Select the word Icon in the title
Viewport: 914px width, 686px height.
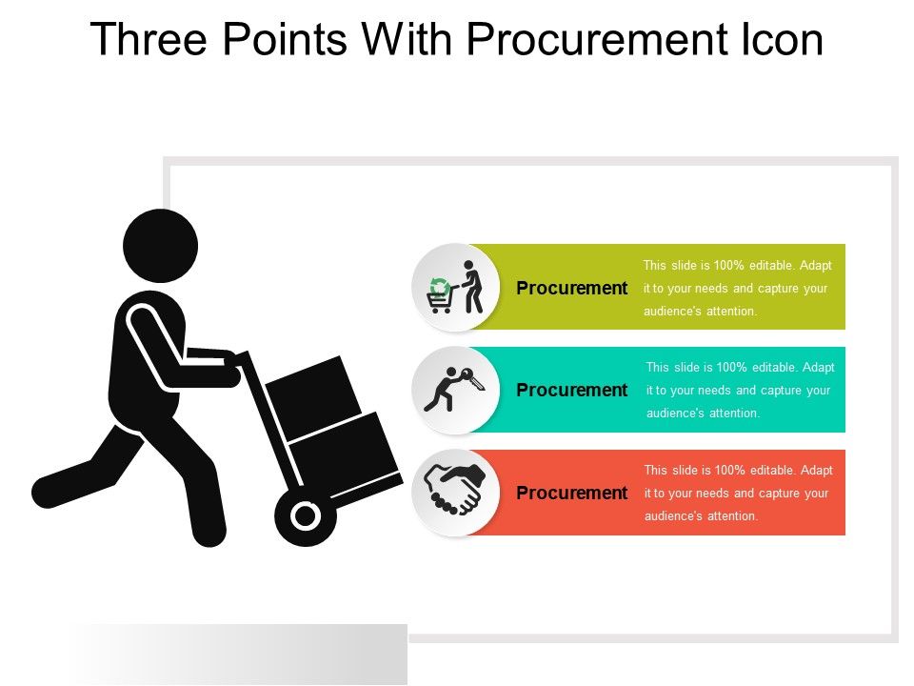tap(780, 41)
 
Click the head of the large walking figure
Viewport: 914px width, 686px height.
tap(160, 246)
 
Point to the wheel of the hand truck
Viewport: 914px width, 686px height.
tap(305, 516)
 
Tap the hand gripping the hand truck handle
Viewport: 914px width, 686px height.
tap(228, 361)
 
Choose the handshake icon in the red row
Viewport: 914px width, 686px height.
tap(455, 489)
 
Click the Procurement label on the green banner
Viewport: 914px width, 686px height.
tap(571, 288)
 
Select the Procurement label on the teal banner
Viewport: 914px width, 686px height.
tap(571, 390)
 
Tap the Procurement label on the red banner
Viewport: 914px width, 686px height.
tap(571, 493)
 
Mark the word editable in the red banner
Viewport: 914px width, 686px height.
tap(768, 470)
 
